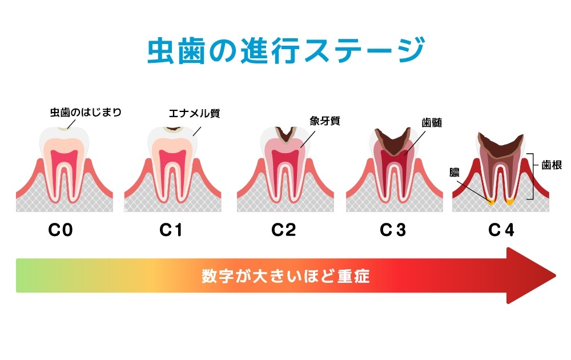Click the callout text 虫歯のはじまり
86,112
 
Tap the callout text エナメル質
194,113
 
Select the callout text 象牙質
325,121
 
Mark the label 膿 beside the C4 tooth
455,172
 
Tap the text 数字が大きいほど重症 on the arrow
285,277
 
